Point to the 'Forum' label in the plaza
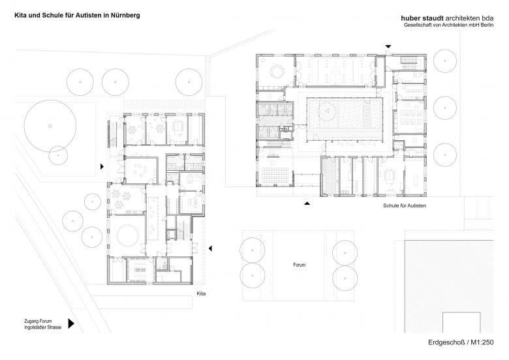tap(299, 265)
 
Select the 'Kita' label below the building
tap(201, 295)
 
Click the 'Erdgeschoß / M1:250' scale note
tap(465, 344)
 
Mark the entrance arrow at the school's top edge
tap(389, 46)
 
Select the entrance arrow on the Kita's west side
tap(101, 167)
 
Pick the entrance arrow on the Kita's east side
tap(210, 248)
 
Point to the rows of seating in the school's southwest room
tap(275, 173)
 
